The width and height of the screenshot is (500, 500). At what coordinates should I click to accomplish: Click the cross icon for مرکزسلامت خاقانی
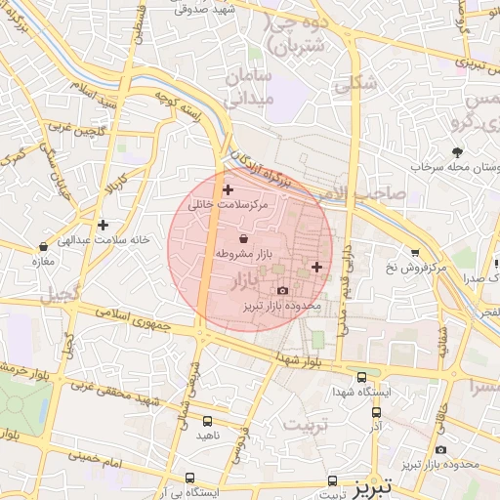point(229,188)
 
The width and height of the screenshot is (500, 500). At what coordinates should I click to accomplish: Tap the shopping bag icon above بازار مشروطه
point(242,237)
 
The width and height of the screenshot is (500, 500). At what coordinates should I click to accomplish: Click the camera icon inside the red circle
point(283,290)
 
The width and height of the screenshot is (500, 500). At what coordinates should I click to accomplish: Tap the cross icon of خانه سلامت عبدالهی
point(103,225)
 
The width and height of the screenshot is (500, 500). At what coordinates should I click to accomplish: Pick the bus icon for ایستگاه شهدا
point(362,376)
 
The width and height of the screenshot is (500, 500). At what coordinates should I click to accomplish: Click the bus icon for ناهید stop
point(207,421)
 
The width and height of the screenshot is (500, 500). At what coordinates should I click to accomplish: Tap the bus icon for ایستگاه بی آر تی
point(189,478)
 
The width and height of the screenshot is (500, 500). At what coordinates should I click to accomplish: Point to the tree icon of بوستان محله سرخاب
point(457,151)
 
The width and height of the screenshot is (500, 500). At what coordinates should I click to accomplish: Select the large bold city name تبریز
point(371,484)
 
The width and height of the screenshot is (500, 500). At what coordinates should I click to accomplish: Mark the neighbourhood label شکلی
point(355,85)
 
